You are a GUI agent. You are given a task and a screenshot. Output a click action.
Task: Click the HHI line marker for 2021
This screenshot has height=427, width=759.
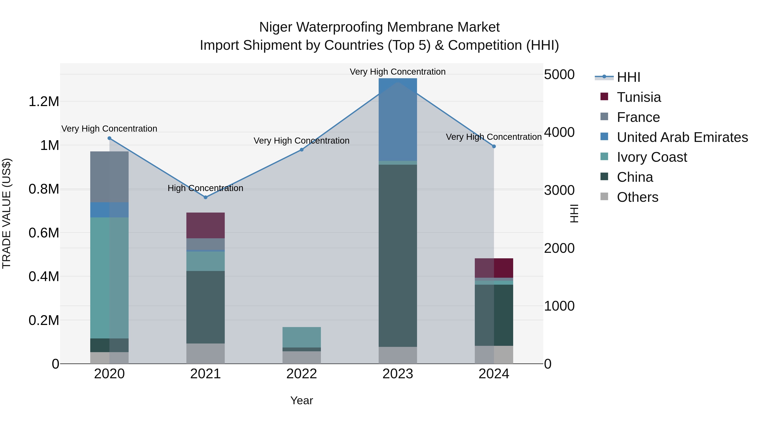coord(205,197)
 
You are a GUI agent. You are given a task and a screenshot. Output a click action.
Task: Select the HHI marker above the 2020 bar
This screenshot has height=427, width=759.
coord(109,138)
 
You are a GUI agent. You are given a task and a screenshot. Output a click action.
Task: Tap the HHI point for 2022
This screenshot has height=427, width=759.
coord(301,150)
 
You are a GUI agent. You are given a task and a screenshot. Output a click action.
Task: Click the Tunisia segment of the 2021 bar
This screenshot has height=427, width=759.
coord(205,225)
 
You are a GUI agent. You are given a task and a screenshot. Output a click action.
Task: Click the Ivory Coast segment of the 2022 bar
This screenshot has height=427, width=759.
coord(301,337)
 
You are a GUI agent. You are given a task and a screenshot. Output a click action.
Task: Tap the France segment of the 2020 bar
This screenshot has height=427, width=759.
coord(109,177)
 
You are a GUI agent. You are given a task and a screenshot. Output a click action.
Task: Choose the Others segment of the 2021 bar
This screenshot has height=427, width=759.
coord(205,353)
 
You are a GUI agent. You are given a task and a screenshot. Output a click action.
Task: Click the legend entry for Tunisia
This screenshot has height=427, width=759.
coord(638,97)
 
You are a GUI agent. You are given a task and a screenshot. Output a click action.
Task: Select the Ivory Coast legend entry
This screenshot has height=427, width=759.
coord(651,157)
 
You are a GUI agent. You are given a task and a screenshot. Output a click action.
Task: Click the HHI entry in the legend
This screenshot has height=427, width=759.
coord(628,77)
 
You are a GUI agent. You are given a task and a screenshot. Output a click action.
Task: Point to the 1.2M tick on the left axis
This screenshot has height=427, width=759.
coord(44,102)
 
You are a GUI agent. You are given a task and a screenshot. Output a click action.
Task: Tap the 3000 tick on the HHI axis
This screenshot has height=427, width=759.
coord(559,190)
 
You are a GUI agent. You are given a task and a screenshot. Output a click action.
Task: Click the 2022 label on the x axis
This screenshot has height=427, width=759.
coord(301,374)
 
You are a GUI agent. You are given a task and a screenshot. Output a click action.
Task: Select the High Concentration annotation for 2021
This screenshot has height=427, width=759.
coord(205,188)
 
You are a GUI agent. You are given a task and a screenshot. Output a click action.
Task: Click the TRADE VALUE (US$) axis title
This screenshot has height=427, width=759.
coord(7,213)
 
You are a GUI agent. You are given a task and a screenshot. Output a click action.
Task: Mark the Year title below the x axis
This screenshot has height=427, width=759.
coord(301,400)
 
